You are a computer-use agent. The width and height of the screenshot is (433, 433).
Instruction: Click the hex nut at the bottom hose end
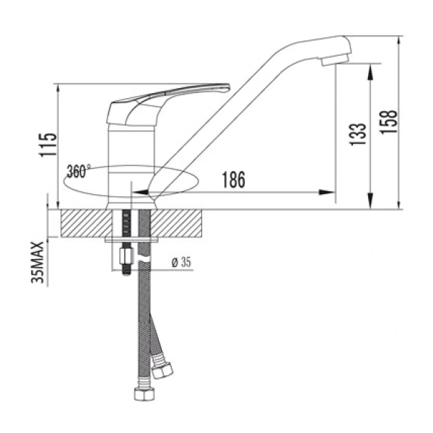142,395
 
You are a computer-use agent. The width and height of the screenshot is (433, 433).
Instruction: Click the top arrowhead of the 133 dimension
370,66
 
